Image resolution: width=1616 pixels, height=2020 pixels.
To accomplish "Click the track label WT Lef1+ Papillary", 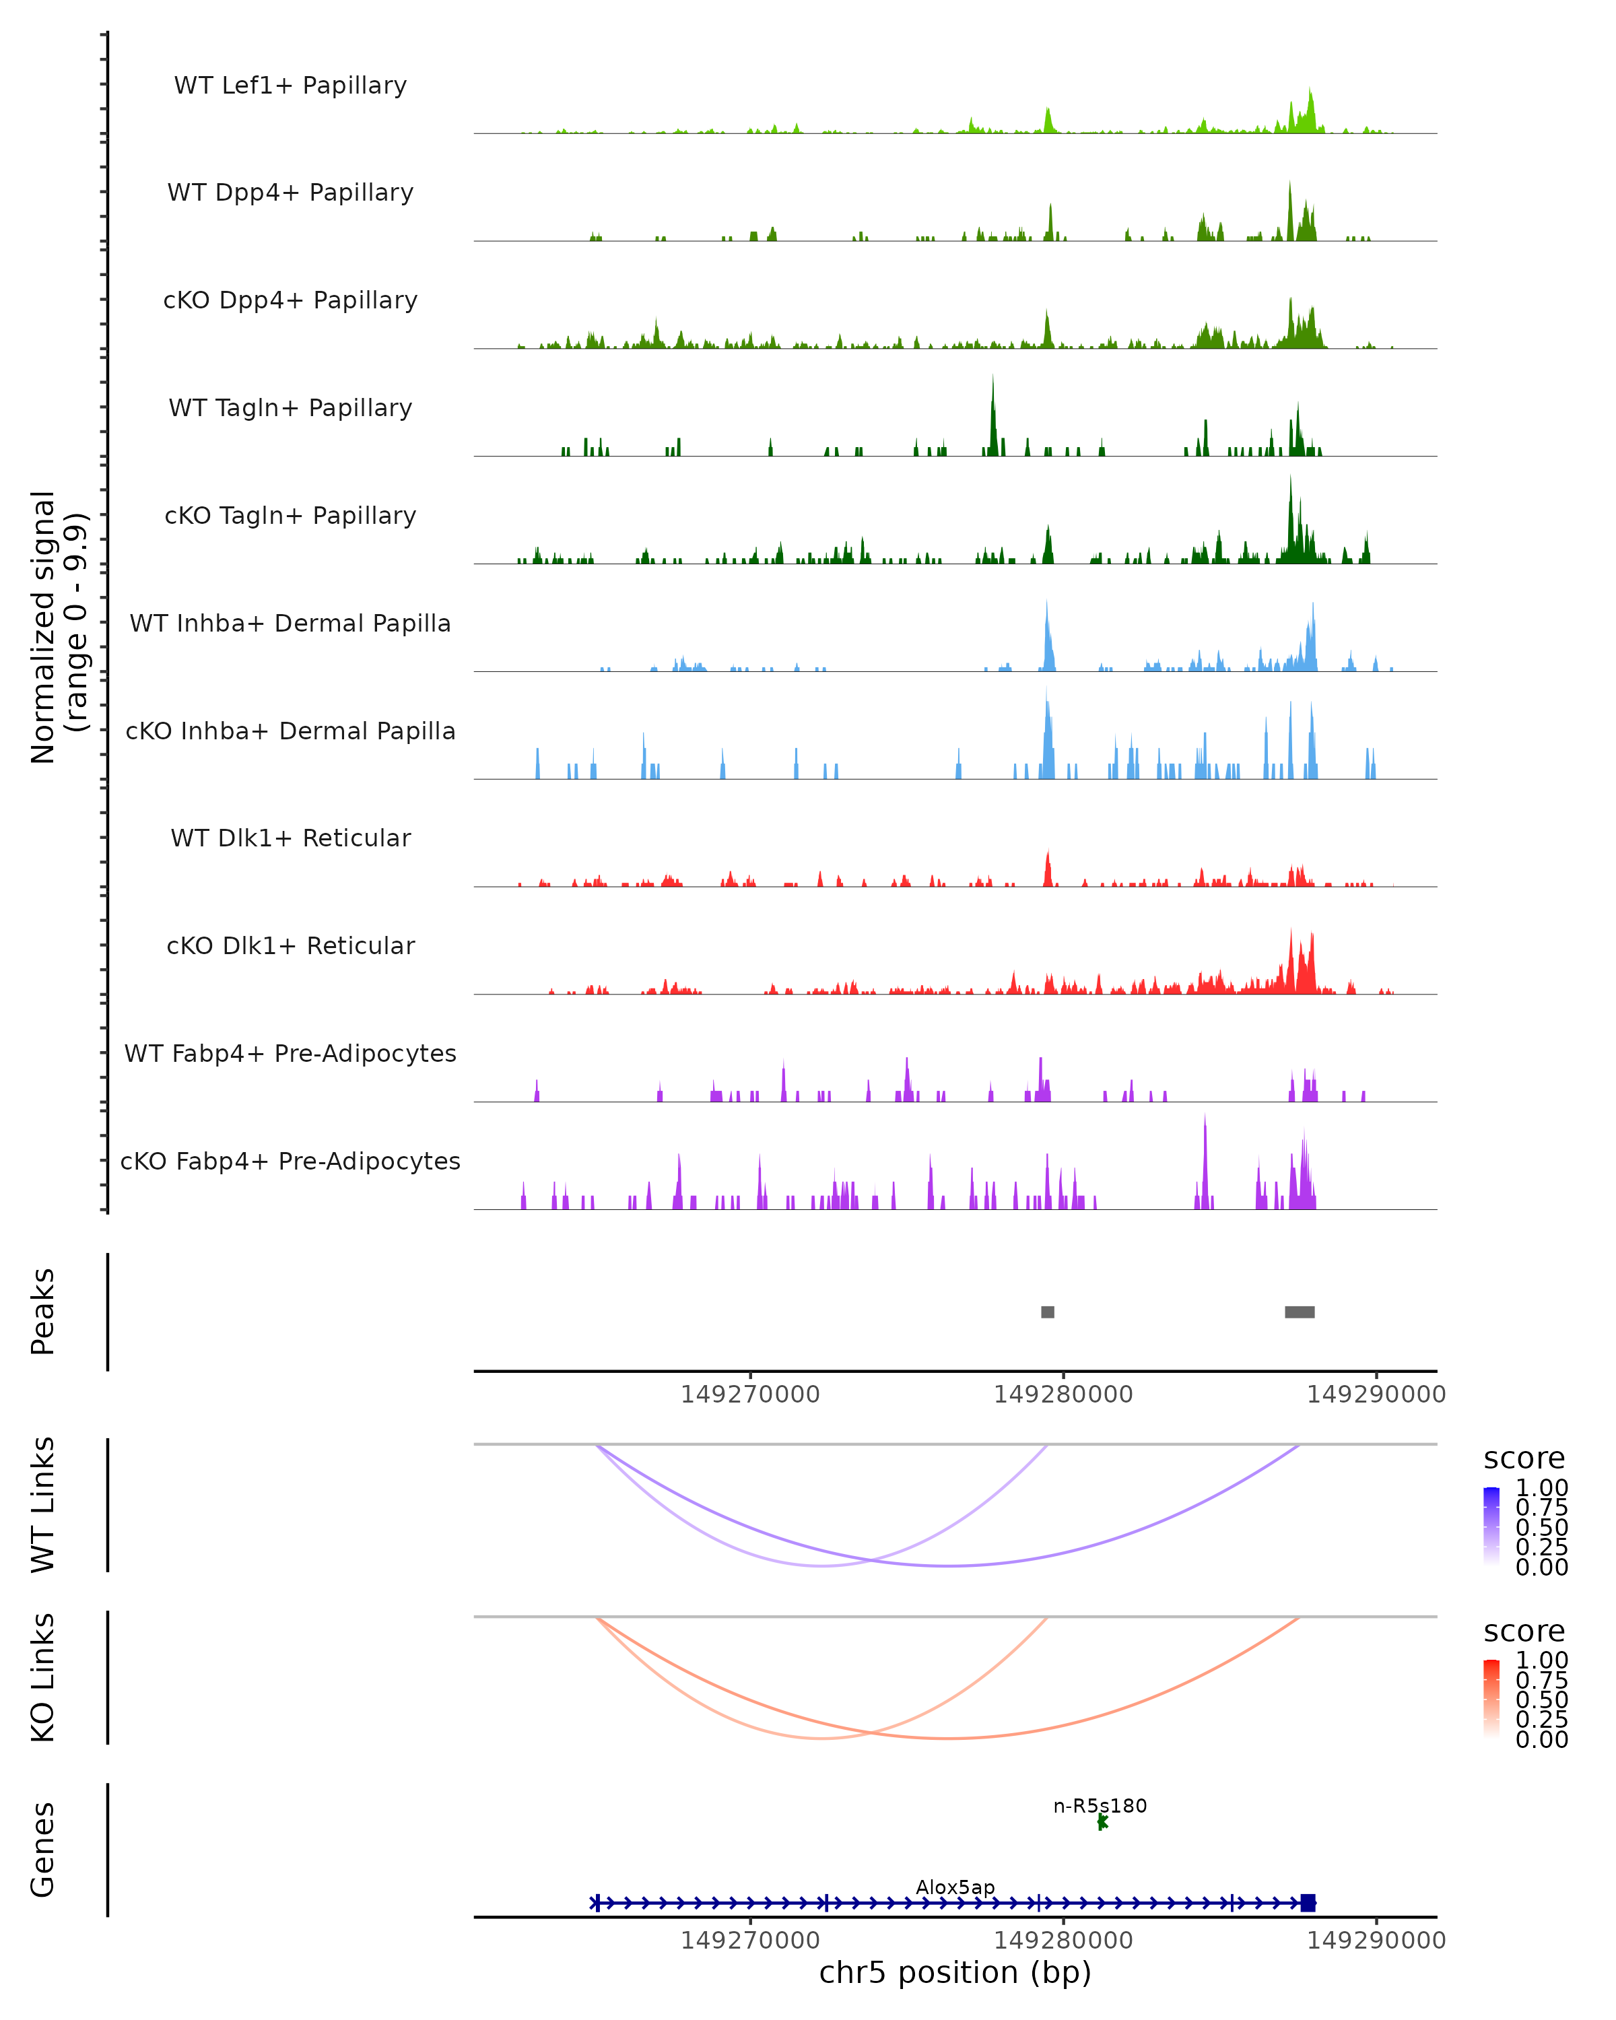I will point(290,86).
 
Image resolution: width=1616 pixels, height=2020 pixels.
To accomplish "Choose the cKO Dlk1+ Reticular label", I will point(290,945).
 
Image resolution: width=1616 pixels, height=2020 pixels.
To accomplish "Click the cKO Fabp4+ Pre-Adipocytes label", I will point(290,1161).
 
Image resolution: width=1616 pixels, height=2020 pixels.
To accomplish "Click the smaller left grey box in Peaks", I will point(1047,1312).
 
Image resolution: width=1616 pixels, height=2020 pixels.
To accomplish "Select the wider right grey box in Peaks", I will point(1300,1312).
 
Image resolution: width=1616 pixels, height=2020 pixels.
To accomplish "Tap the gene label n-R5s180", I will point(1100,1805).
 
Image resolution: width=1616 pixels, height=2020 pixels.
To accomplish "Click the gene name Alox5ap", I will point(955,1887).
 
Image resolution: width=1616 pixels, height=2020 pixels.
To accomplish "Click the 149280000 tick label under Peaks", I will point(1063,1394).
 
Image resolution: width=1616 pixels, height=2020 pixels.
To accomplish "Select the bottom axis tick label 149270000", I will point(750,1941).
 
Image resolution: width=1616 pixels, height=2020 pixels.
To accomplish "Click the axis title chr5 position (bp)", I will point(955,1973).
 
